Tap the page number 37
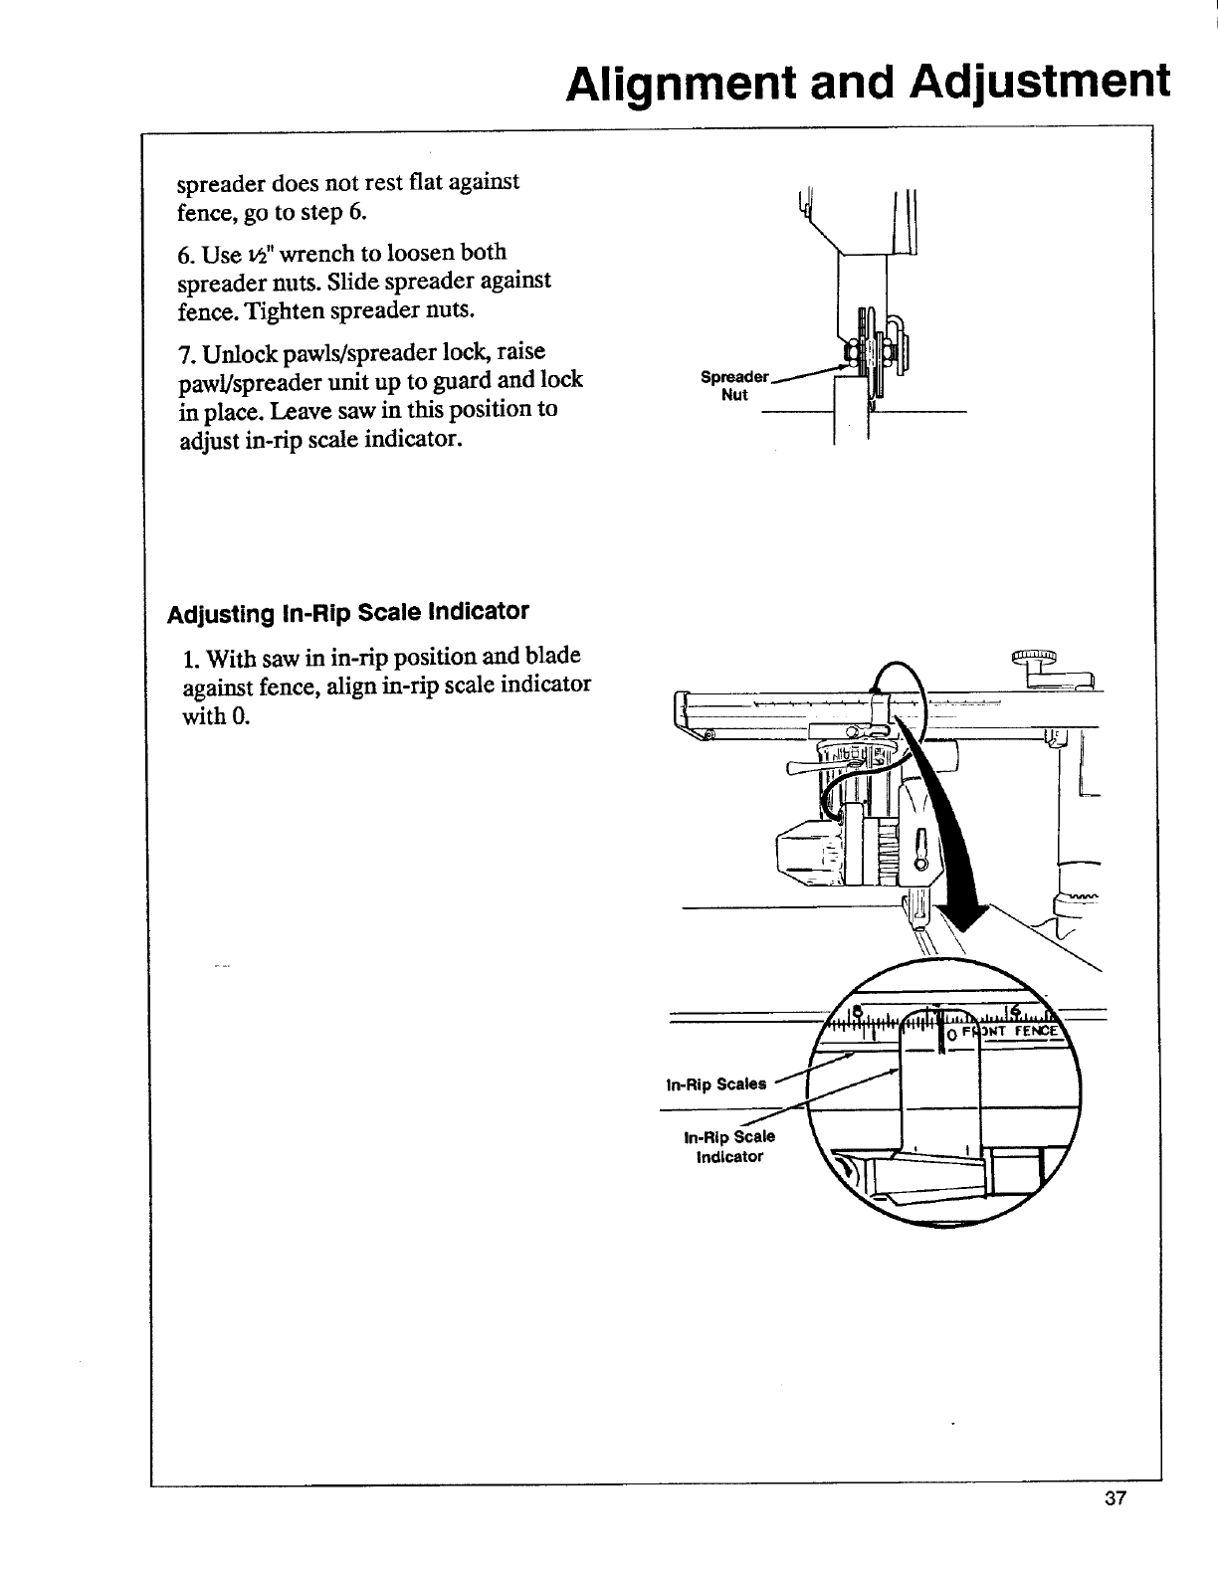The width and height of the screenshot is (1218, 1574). pyautogui.click(x=1114, y=1528)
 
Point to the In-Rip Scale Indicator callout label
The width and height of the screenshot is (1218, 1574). pyautogui.click(x=729, y=1147)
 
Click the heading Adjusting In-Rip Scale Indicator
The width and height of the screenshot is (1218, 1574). pyautogui.click(x=347, y=610)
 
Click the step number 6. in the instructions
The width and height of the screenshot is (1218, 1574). pyautogui.click(x=186, y=253)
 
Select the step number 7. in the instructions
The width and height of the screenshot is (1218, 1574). pyautogui.click(x=186, y=353)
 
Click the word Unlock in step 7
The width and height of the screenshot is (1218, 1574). pyautogui.click(x=237, y=353)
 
